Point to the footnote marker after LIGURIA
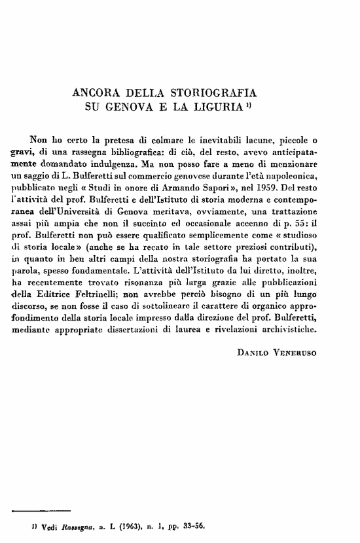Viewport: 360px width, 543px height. pyautogui.click(x=244, y=103)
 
